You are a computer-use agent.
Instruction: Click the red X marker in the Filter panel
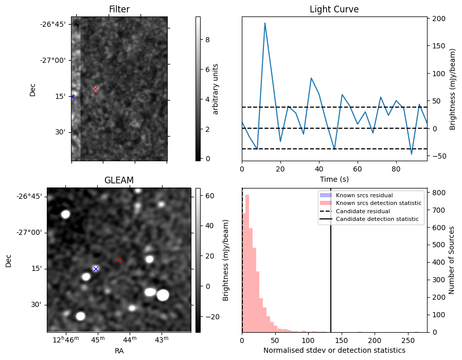point(95,89)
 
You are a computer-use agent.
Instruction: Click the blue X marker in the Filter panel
point(72,96)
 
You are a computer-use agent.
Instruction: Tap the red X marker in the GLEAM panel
point(119,260)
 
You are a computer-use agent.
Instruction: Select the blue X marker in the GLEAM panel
point(95,269)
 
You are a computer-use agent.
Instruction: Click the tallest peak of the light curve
point(265,23)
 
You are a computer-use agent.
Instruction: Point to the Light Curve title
point(334,9)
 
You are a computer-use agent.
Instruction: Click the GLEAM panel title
point(119,180)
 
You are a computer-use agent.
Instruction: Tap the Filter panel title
point(119,9)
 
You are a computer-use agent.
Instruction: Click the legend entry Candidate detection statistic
point(378,219)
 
